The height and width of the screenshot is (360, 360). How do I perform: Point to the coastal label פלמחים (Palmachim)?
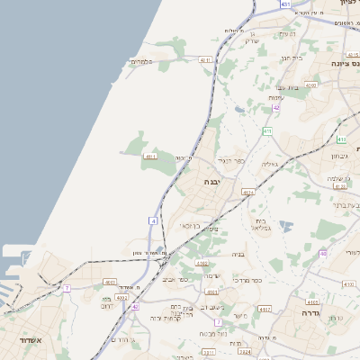143,61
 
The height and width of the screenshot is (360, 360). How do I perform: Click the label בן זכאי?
189,225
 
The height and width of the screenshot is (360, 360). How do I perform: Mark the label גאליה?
269,164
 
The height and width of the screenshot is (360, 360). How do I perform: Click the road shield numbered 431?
285,4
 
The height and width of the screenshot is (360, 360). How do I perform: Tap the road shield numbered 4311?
205,60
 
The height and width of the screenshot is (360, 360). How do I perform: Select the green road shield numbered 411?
267,131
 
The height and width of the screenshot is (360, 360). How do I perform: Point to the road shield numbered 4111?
150,157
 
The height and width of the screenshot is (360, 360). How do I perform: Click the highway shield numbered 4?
154,220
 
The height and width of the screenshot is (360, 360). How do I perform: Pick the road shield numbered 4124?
248,192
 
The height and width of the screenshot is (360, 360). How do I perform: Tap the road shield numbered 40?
322,254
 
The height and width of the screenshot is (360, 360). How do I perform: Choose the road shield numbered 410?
341,139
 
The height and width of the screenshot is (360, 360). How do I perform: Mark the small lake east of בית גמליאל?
285,226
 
